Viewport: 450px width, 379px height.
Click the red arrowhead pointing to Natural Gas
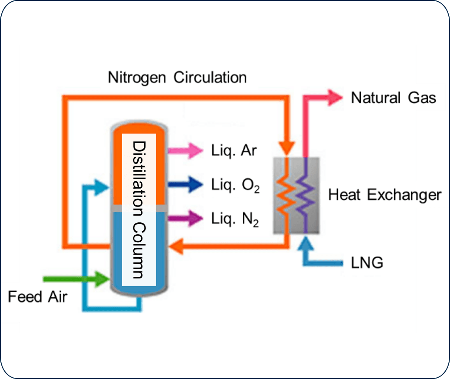click(334, 98)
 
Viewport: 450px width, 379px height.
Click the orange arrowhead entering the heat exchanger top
click(287, 149)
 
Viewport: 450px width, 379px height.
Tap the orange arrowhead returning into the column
click(176, 246)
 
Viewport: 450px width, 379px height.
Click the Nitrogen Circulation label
click(177, 78)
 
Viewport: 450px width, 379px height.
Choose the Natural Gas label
click(393, 98)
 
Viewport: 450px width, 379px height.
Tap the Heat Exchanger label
click(385, 195)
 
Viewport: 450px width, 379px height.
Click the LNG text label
click(367, 263)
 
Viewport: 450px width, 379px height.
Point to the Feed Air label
click(37, 296)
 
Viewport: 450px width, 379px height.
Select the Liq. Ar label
click(234, 150)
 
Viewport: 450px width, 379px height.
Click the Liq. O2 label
click(235, 185)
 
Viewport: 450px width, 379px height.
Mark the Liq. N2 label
click(235, 219)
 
